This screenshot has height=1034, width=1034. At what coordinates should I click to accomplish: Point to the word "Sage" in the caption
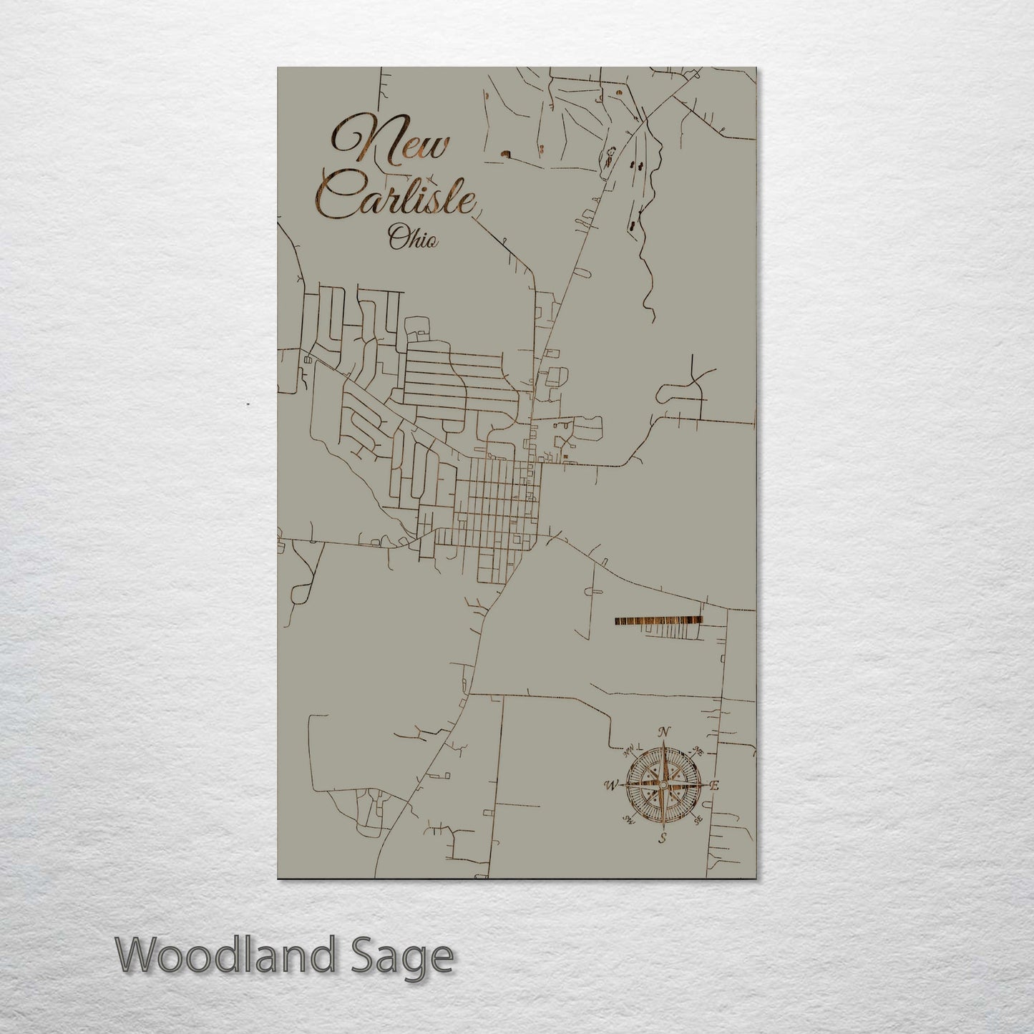(406, 957)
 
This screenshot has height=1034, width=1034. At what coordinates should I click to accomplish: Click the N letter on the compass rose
(663, 732)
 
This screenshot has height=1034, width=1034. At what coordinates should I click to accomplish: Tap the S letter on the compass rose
(663, 838)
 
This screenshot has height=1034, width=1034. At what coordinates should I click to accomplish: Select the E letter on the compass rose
(713, 786)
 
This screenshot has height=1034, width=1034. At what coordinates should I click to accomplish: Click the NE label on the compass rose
(698, 751)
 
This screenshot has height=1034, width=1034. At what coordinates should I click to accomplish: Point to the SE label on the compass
(698, 820)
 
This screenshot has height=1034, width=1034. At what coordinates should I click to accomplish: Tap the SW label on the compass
(629, 819)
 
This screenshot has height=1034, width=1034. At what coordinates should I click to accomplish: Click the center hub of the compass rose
(663, 785)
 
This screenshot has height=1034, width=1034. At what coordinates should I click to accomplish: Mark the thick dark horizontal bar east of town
(658, 621)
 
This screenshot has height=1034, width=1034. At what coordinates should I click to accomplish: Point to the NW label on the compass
(630, 752)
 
